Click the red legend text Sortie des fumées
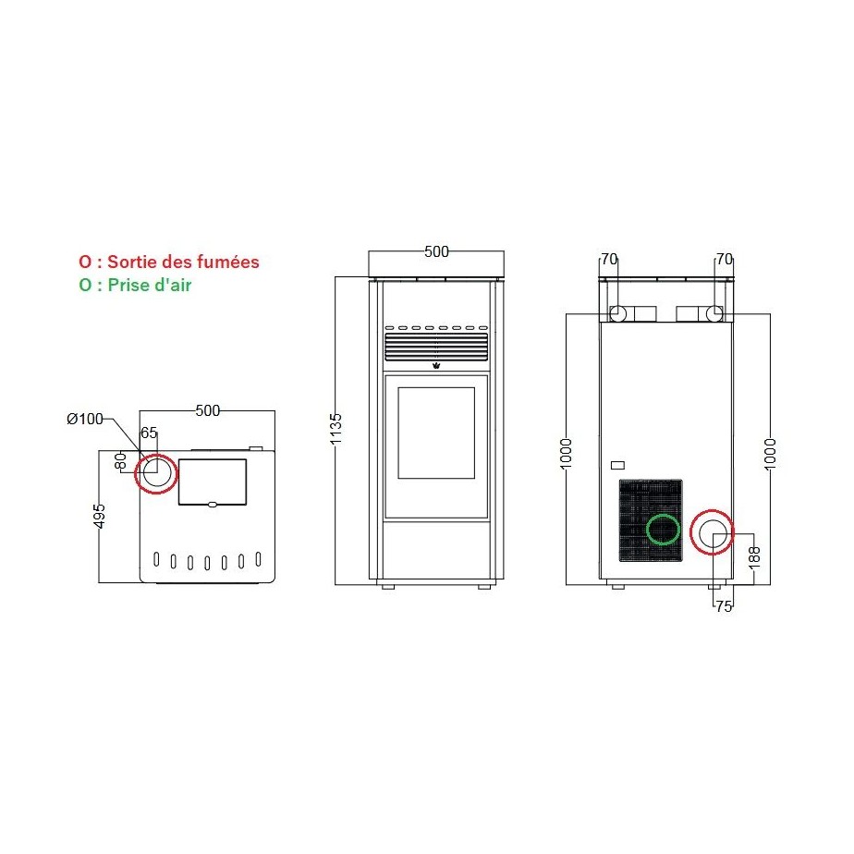coord(183,262)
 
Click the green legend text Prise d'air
coord(149,285)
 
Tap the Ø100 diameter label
coord(84,419)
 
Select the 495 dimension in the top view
coord(99,517)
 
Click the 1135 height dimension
coord(336,429)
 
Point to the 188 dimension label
coord(754,557)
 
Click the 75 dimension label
coord(724,606)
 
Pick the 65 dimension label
coord(149,433)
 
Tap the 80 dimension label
coord(120,461)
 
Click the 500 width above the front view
coord(436,251)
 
